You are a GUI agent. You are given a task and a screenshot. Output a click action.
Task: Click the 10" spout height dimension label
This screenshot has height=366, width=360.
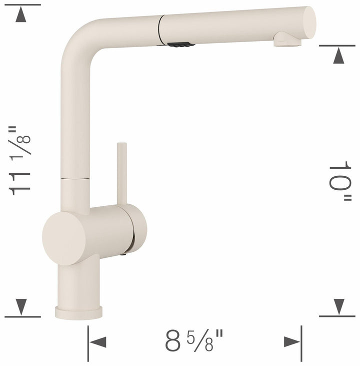coord(340,182)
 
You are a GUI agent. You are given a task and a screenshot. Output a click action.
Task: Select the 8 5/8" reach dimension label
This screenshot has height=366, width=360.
coord(195,342)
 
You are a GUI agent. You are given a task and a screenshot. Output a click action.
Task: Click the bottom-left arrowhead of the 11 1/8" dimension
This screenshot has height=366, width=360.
coord(20,305)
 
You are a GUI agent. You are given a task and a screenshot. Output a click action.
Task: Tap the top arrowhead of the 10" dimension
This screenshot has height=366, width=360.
coord(339,56)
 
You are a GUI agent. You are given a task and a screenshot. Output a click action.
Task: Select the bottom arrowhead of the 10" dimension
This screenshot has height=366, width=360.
coord(339,305)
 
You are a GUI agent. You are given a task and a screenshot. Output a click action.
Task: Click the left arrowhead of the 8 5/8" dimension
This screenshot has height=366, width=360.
coord(97,342)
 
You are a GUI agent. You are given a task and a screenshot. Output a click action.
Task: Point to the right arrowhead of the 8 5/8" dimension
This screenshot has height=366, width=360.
coord(291,342)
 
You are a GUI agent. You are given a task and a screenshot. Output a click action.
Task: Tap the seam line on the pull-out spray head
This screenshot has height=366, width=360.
coord(160,30)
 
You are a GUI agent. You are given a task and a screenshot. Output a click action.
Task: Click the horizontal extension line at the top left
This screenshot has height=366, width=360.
coord(22,5)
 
